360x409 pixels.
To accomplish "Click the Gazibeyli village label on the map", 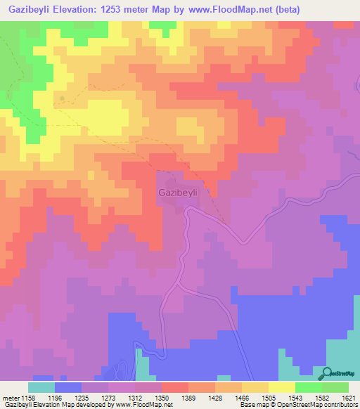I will coord(179,192).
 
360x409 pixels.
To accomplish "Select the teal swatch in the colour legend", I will coord(41,387).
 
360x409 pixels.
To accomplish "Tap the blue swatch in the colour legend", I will coord(68,387).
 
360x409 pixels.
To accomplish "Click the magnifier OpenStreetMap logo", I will coord(328,375).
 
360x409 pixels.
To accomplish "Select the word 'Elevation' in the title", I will coord(83,10).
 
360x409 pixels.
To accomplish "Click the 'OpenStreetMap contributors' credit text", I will coord(320,405).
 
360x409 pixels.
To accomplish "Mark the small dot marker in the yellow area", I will coord(63,98).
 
